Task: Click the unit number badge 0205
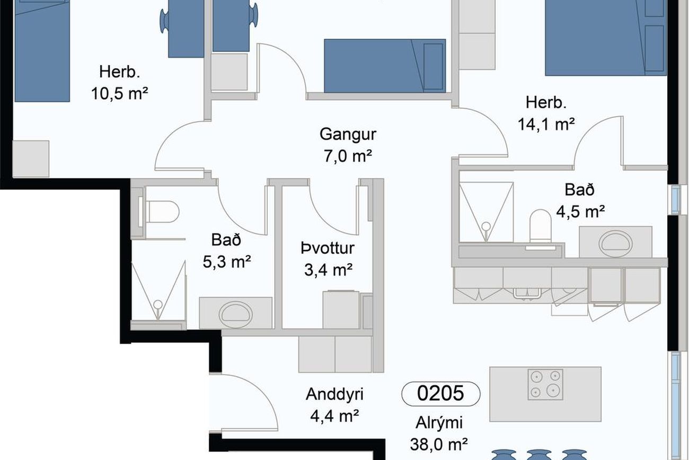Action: (441, 394)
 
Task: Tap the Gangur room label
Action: (348, 135)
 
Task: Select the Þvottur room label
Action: (328, 248)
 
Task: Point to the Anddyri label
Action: (334, 394)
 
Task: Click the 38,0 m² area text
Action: (439, 444)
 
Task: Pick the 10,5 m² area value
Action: (120, 93)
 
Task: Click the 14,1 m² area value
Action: (546, 124)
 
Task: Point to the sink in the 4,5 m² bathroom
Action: (615, 244)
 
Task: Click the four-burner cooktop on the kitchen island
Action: (545, 385)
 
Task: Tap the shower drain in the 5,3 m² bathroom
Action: (158, 305)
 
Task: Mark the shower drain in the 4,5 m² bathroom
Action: (486, 227)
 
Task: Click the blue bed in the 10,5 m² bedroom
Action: (42, 51)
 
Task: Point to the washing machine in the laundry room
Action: (341, 310)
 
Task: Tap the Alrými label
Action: (439, 423)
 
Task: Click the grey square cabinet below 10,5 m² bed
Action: (31, 159)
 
